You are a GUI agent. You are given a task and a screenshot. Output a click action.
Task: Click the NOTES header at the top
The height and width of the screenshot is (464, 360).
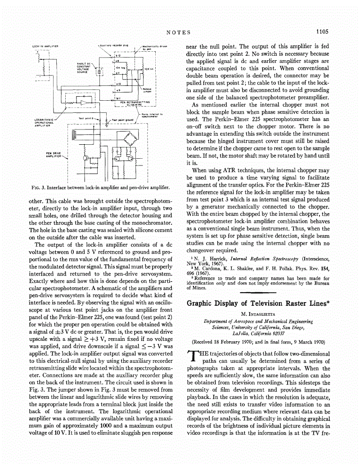click(179, 32)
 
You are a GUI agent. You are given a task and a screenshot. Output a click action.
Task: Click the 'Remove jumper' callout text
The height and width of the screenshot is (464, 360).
click(147, 90)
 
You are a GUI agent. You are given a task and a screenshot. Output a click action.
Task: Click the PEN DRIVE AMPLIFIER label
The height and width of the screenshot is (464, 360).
click(54, 155)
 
